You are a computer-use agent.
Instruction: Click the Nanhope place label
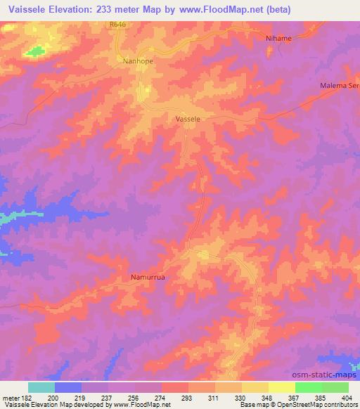coord(138,61)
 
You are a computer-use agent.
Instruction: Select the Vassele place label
coord(188,119)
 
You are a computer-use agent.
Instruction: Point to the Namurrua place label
coord(148,277)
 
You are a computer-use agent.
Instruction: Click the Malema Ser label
coord(340,85)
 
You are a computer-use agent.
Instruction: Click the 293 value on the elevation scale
coord(187,398)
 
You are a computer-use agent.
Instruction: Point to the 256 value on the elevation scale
coord(134,398)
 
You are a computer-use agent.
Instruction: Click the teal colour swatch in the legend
coord(41,387)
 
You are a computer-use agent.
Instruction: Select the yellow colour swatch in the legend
coord(281,387)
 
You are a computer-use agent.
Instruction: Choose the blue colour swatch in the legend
coord(68,387)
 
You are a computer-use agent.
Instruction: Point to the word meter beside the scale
coord(9,398)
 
